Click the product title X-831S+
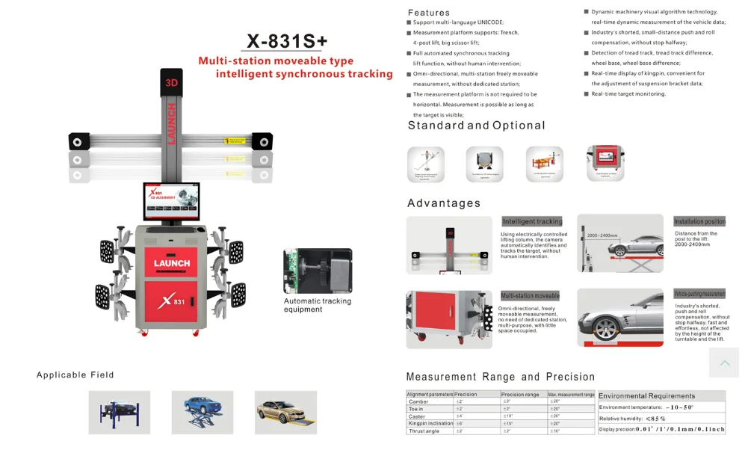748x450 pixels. click(x=287, y=40)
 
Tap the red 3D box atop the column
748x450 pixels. click(x=171, y=83)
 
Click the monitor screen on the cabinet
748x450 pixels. click(x=172, y=202)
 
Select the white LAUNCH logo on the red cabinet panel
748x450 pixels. click(x=172, y=262)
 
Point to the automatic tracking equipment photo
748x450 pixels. click(x=318, y=271)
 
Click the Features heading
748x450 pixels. click(x=429, y=13)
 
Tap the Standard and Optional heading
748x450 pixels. click(x=476, y=126)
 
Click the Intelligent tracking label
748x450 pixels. click(x=532, y=222)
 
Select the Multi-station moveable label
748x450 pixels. click(x=530, y=296)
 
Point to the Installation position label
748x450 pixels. click(x=699, y=222)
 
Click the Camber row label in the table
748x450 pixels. click(x=419, y=401)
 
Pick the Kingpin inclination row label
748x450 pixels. click(x=430, y=424)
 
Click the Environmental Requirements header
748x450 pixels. click(x=647, y=396)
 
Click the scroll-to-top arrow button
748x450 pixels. click(x=724, y=363)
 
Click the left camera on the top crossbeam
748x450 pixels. click(x=78, y=141)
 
